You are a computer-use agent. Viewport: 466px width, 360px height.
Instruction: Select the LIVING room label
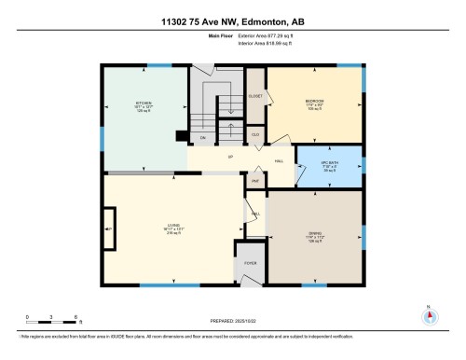coord(171,228)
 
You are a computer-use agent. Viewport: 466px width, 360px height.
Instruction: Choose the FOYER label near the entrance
coord(250,264)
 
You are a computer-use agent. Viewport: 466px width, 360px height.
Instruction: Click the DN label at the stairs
coord(202,138)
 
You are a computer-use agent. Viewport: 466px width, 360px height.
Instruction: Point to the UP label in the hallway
coord(229,158)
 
